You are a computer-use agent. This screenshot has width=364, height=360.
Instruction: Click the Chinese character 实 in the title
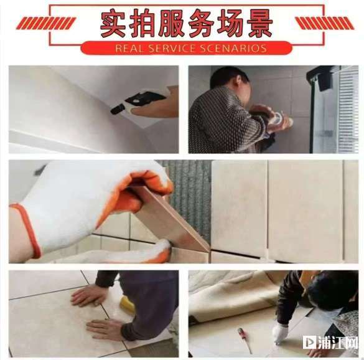(x=113, y=24)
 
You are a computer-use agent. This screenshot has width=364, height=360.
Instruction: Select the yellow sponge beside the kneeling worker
(x=127, y=303)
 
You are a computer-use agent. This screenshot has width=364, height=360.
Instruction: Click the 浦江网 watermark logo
(x=330, y=342)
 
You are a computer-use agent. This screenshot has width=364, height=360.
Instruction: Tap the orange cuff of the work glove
(x=27, y=230)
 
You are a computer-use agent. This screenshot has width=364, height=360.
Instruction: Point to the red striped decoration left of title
(x=46, y=24)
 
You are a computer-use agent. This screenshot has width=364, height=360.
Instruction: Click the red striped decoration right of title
(x=325, y=24)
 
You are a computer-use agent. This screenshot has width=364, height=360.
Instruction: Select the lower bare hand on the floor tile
(x=105, y=328)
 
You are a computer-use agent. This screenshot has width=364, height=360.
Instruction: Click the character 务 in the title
(x=200, y=24)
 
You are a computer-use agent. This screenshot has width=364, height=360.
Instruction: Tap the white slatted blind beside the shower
(x=348, y=109)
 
